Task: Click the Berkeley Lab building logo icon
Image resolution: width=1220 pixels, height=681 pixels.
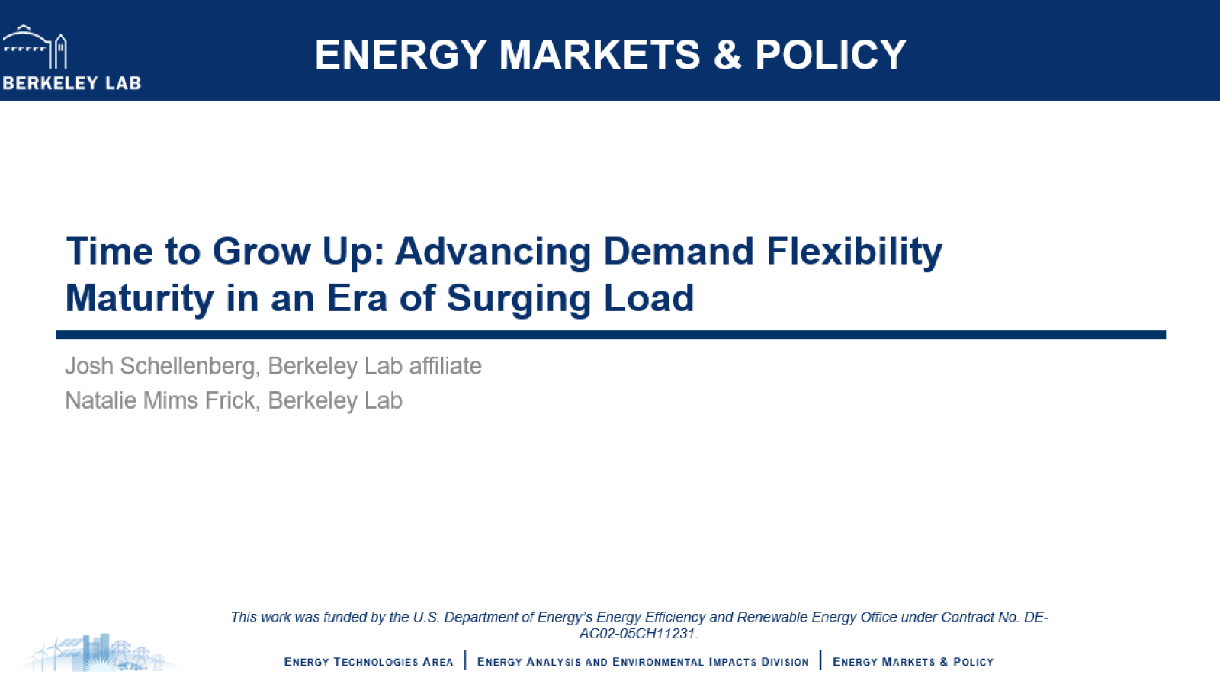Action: tap(35, 47)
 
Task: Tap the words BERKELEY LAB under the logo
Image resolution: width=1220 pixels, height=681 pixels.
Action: tap(72, 83)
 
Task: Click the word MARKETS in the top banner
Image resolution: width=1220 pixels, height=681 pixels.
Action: tap(599, 55)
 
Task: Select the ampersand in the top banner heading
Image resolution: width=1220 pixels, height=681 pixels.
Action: tap(727, 55)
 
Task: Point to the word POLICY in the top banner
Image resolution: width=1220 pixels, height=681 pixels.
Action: tap(830, 55)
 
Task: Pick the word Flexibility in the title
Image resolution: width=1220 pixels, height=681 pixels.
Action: tap(854, 252)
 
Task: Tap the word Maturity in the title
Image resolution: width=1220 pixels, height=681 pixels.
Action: tap(139, 299)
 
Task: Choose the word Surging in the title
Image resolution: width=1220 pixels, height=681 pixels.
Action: tap(518, 299)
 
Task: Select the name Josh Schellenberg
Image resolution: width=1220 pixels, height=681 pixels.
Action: tap(160, 366)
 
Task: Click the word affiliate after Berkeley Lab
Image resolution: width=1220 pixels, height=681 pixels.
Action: tap(445, 366)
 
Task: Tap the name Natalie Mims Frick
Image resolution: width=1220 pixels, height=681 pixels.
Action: tap(159, 400)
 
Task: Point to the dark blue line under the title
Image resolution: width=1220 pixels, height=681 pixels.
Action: tap(610, 335)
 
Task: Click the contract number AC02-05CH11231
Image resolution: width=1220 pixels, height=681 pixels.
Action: tap(637, 634)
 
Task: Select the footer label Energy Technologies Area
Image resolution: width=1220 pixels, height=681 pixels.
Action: tap(368, 662)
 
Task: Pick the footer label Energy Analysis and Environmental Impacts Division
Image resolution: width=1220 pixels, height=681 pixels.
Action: tap(643, 662)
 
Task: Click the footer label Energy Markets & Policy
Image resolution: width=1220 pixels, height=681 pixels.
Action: tap(913, 662)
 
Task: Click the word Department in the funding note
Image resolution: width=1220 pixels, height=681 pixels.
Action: tap(480, 617)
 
